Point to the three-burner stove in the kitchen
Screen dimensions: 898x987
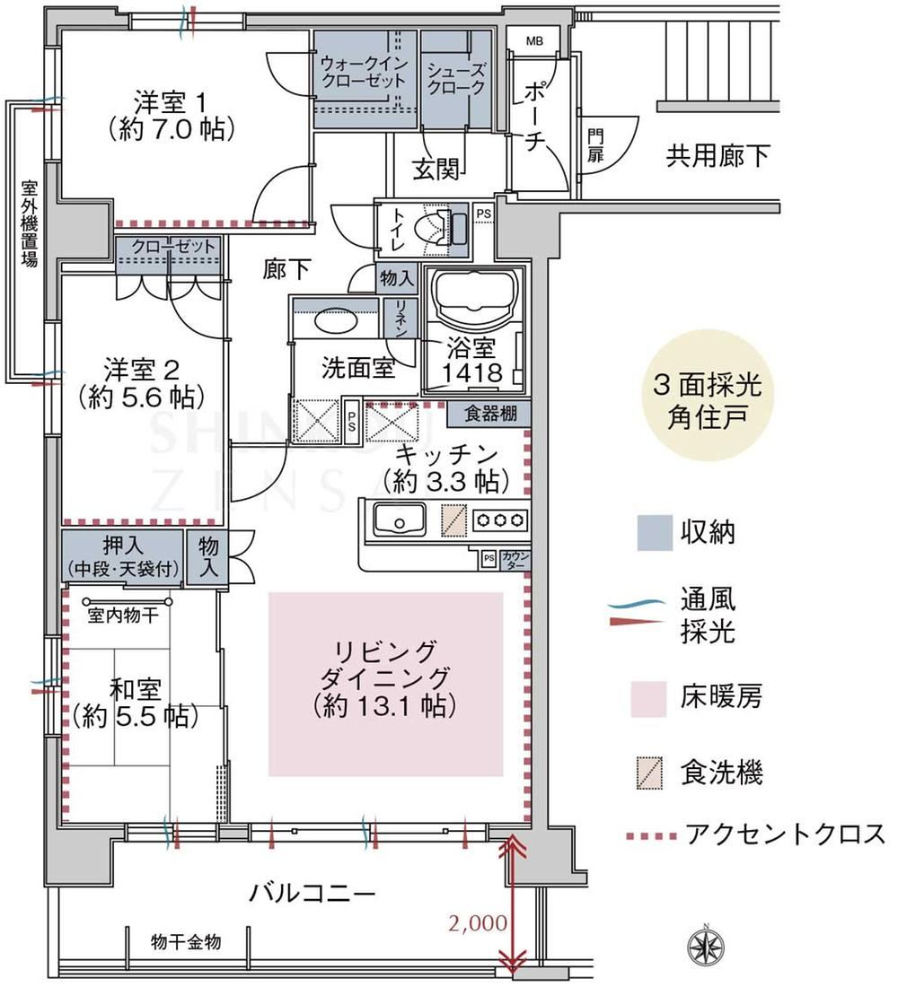click(x=500, y=520)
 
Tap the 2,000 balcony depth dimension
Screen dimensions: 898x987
click(x=478, y=922)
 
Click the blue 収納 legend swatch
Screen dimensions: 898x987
click(x=654, y=532)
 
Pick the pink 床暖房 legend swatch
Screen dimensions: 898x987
click(x=648, y=699)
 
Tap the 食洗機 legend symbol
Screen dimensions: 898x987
click(x=650, y=773)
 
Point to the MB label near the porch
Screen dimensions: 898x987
click(x=533, y=41)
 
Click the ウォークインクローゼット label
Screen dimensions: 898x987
click(x=364, y=72)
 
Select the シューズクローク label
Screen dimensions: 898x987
click(x=456, y=78)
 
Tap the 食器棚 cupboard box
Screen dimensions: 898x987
click(x=489, y=414)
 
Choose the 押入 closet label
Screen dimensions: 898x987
click(x=122, y=556)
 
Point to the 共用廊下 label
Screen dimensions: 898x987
click(x=718, y=156)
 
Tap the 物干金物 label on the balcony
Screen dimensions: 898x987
click(x=186, y=941)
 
